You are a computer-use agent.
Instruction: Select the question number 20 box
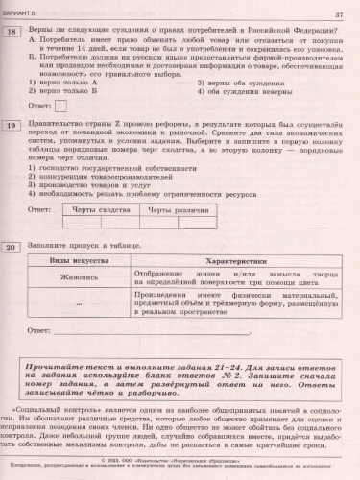click(13, 248)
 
